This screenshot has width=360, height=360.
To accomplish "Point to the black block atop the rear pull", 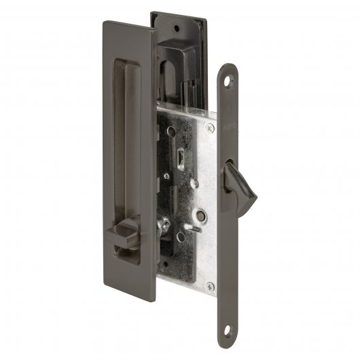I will coord(177,47).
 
